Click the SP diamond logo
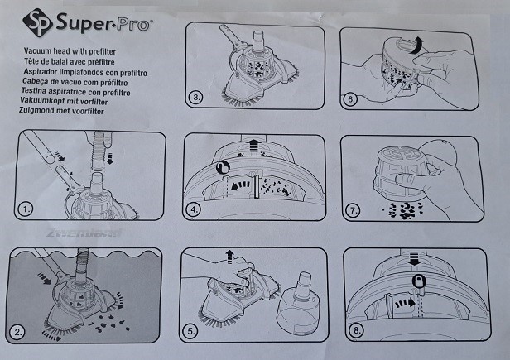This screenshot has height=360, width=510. tap(38, 22)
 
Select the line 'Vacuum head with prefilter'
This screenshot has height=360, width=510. tap(70, 51)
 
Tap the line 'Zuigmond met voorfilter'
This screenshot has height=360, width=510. tap(61, 111)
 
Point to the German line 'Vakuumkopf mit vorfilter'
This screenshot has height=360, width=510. tap(64, 102)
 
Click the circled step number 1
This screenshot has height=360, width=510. tap(26, 209)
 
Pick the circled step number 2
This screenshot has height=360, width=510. tap(17, 332)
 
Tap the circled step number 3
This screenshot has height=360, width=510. tap(196, 97)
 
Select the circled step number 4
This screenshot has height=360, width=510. tap(194, 209)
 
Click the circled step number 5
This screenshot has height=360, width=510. tap(190, 331)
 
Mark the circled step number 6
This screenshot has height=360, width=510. tap(351, 98)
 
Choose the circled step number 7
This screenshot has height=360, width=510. tap(353, 210)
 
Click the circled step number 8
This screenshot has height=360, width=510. tap(356, 331)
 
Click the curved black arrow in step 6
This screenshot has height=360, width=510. tap(416, 46)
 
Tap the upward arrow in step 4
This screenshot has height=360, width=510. tap(253, 146)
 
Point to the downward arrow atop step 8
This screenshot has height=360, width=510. tap(414, 258)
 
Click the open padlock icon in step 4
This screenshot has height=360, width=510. tap(223, 168)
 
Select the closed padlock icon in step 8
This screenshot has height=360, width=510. tap(419, 281)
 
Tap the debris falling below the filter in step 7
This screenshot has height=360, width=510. tap(402, 210)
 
